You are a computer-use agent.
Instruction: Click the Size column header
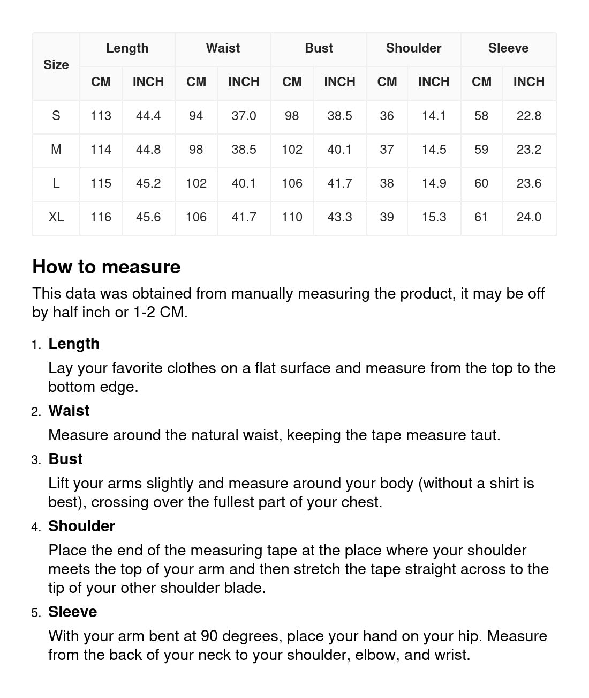56,65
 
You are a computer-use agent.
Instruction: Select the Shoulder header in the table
413,48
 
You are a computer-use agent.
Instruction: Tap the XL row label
56,217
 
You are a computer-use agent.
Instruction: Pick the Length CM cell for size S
101,116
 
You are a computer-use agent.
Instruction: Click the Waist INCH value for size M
244,150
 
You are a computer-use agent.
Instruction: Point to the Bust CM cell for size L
292,183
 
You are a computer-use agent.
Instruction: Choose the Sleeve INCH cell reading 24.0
528,217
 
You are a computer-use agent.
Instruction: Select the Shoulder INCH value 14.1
434,116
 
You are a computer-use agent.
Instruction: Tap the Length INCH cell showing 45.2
148,183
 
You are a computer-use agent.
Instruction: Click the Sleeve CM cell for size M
481,150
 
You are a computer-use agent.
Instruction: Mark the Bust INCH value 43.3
339,217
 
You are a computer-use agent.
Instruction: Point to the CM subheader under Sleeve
481,82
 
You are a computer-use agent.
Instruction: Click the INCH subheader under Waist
244,82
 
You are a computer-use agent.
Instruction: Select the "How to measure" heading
107,267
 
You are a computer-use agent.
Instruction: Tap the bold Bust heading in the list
65,459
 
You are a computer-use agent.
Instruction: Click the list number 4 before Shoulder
36,527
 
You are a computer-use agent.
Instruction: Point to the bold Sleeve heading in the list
72,612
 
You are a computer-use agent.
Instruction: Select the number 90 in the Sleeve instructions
209,636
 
